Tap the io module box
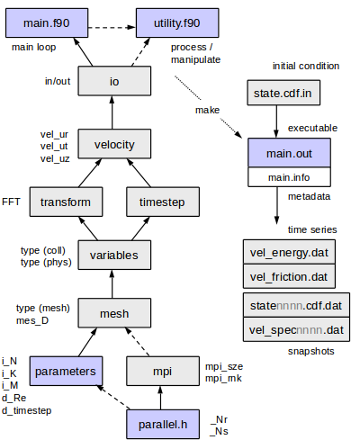(113, 82)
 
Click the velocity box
(113, 142)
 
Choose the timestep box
(161, 202)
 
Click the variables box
(113, 256)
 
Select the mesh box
(113, 313)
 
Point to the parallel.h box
(161, 424)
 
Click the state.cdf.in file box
(281, 94)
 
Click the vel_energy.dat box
(288, 250)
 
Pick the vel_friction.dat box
(288, 274)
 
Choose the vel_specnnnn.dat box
(295, 330)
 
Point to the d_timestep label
(26, 411)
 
